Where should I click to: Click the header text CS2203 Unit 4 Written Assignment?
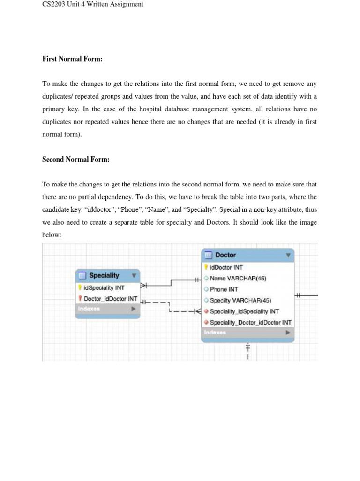pyautogui.click(x=92, y=5)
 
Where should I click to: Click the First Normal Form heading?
pyautogui.click(x=72, y=59)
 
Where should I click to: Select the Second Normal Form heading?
pyautogui.click(x=76, y=160)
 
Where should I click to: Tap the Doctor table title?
pyautogui.click(x=225, y=255)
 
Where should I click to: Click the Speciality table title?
pyautogui.click(x=104, y=276)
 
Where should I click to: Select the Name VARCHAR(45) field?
pyautogui.click(x=238, y=278)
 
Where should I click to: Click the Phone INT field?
pyautogui.click(x=224, y=289)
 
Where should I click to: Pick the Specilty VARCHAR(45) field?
pyautogui.click(x=240, y=300)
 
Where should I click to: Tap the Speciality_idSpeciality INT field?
pyautogui.click(x=244, y=311)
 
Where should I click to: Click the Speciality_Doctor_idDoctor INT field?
pyautogui.click(x=250, y=323)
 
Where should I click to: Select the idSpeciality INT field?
pyautogui.click(x=104, y=287)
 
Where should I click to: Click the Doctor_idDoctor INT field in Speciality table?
pyautogui.click(x=110, y=299)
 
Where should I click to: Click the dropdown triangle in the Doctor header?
pyautogui.click(x=288, y=255)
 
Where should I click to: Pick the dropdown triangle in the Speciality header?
pyautogui.click(x=134, y=276)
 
